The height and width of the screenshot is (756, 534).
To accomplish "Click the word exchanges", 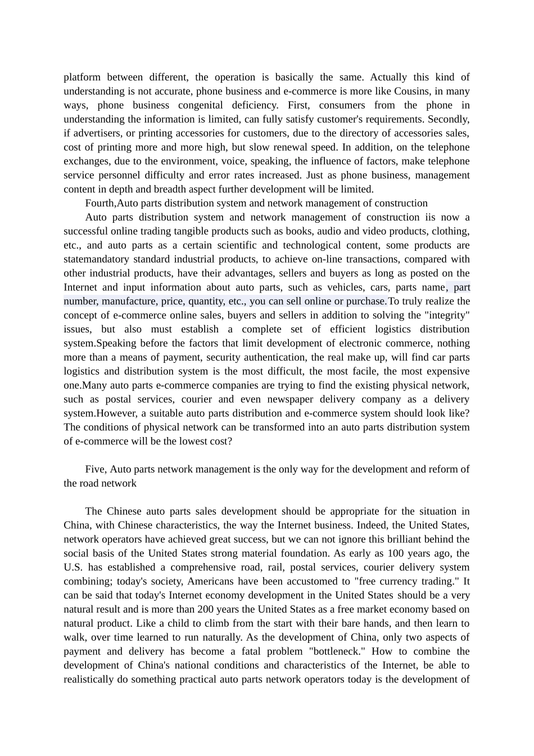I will [85, 161].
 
